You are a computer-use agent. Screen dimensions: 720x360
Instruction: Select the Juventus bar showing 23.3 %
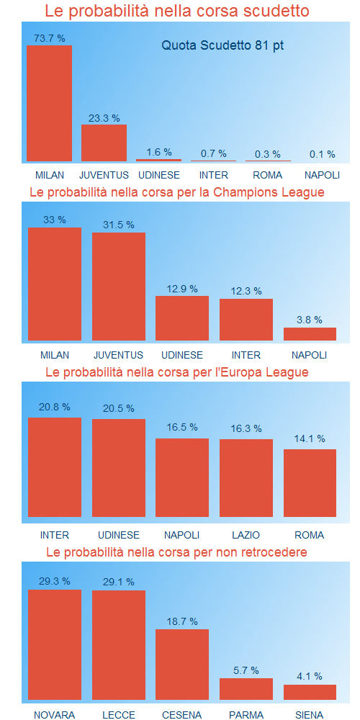pyautogui.click(x=104, y=143)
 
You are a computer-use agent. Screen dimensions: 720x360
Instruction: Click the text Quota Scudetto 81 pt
pyautogui.click(x=222, y=46)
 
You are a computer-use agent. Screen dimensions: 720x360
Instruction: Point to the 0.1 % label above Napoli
pyautogui.click(x=322, y=154)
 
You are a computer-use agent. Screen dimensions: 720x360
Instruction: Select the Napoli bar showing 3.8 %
pyautogui.click(x=310, y=333)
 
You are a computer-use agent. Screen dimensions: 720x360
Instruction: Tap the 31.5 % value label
pyautogui.click(x=119, y=225)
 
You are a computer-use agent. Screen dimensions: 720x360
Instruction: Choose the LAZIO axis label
pyautogui.click(x=246, y=535)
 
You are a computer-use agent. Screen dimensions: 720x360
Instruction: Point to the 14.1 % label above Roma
pyautogui.click(x=310, y=438)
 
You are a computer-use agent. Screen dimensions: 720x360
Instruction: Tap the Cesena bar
pyautogui.click(x=182, y=664)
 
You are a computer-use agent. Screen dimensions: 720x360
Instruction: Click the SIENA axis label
pyautogui.click(x=310, y=715)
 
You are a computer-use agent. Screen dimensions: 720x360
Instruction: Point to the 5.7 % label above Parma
pyautogui.click(x=246, y=670)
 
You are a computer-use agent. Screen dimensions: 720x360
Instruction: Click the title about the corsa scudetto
pyautogui.click(x=177, y=12)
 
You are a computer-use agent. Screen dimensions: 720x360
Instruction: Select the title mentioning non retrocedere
pyautogui.click(x=177, y=552)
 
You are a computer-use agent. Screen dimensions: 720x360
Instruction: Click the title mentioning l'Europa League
pyautogui.click(x=177, y=372)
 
